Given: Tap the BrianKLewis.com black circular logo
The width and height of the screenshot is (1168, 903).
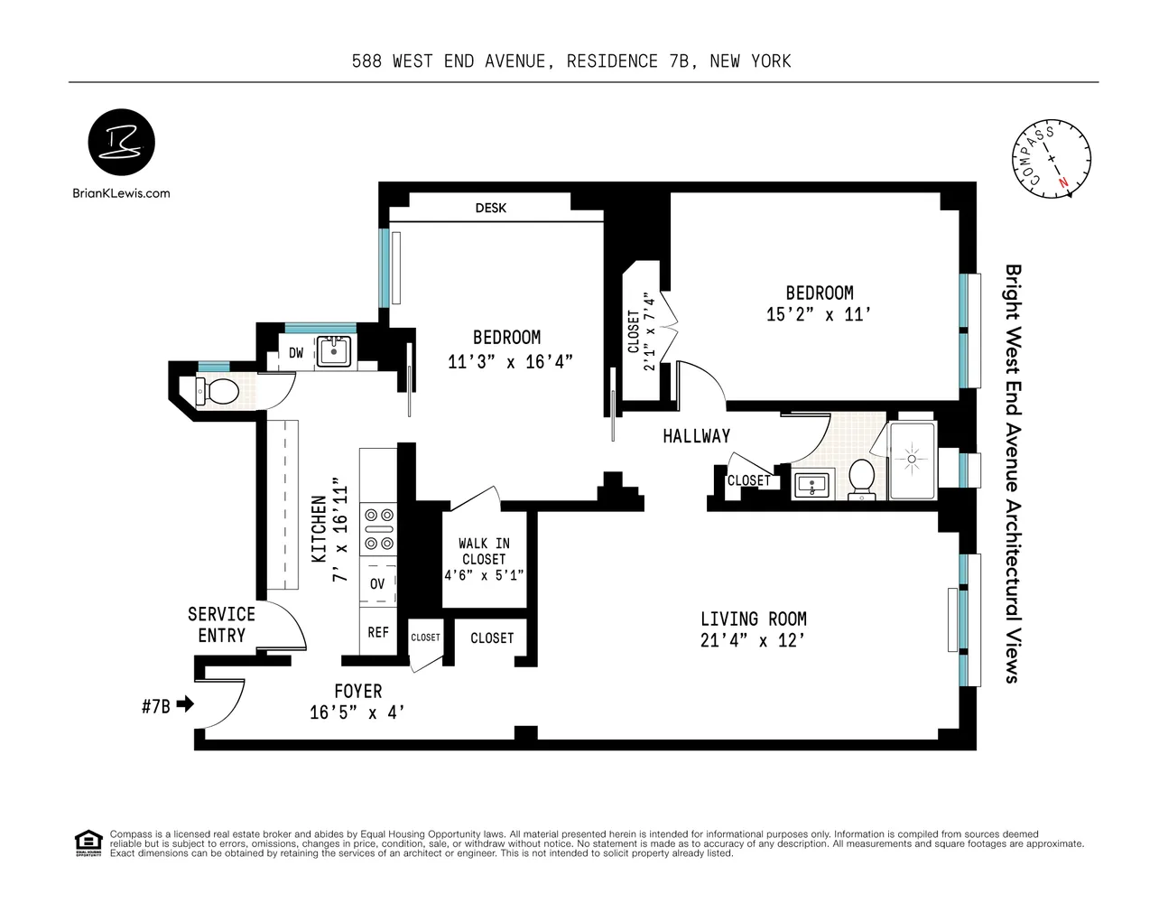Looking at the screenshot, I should click(121, 144).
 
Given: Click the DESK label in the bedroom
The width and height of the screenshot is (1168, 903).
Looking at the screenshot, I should click(490, 208).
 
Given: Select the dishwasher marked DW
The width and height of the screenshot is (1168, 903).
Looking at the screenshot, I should click(296, 353).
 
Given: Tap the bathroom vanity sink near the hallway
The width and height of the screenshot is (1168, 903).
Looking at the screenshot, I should click(815, 485).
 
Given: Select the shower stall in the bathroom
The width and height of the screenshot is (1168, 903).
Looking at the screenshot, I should click(913, 460).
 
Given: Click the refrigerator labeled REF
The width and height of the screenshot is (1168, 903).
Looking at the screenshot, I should click(378, 632).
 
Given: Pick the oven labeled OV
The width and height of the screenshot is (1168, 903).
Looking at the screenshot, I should click(377, 583).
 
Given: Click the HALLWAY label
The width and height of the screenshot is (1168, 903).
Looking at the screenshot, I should click(696, 436).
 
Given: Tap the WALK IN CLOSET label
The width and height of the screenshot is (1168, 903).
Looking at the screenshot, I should click(484, 551).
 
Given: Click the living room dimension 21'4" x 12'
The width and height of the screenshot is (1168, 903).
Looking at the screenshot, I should click(753, 641).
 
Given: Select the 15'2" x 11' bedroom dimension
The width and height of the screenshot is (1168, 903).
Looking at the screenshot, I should click(818, 314).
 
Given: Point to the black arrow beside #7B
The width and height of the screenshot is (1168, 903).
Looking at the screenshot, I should click(185, 703).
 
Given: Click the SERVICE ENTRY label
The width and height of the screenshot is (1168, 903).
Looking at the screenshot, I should click(221, 624).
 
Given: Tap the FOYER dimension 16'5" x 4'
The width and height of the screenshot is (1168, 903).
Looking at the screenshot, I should click(357, 712).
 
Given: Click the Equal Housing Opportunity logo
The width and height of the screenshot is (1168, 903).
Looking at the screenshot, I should click(88, 842).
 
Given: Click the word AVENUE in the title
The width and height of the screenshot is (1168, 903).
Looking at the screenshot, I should click(511, 61).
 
